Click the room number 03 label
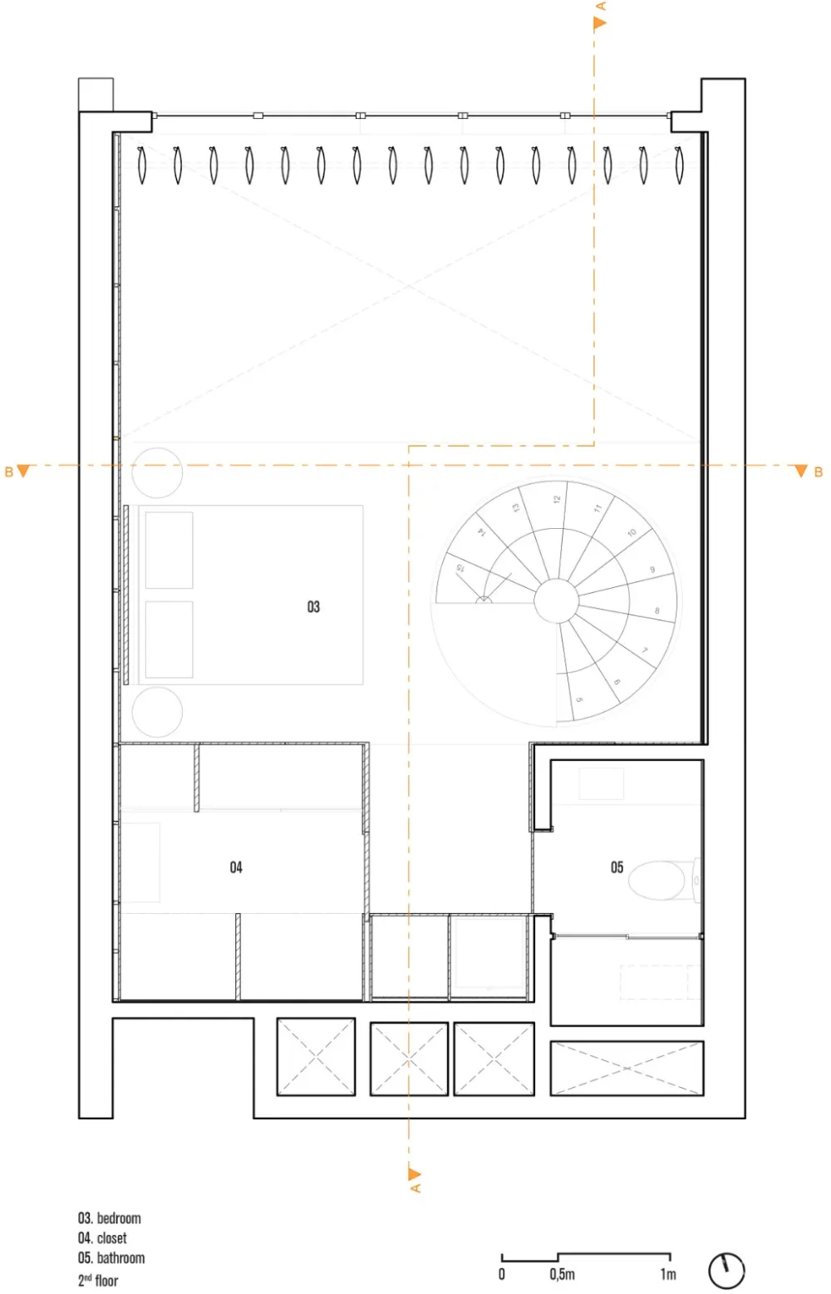click(313, 607)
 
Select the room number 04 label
click(236, 867)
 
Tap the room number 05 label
click(617, 867)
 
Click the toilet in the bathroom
click(661, 880)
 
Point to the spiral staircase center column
click(556, 600)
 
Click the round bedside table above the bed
click(157, 472)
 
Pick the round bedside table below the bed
click(157, 712)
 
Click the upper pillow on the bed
click(170, 551)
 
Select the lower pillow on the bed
click(170, 640)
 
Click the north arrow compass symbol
click(726, 1270)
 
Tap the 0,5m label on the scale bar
click(562, 1274)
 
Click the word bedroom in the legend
click(119, 1218)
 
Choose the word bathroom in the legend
click(120, 1258)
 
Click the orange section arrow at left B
click(23, 472)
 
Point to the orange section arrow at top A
click(599, 23)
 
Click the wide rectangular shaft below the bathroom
click(627, 1068)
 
